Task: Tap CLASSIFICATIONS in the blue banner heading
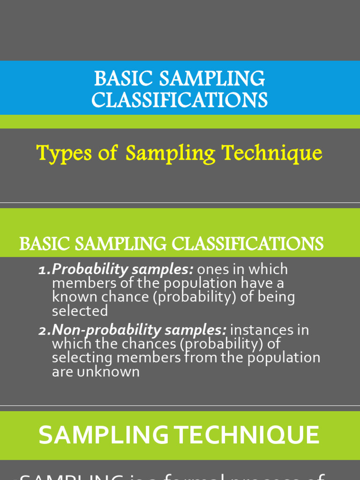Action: [x=180, y=100]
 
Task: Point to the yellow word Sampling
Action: [x=170, y=153]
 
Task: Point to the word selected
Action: [x=80, y=310]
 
